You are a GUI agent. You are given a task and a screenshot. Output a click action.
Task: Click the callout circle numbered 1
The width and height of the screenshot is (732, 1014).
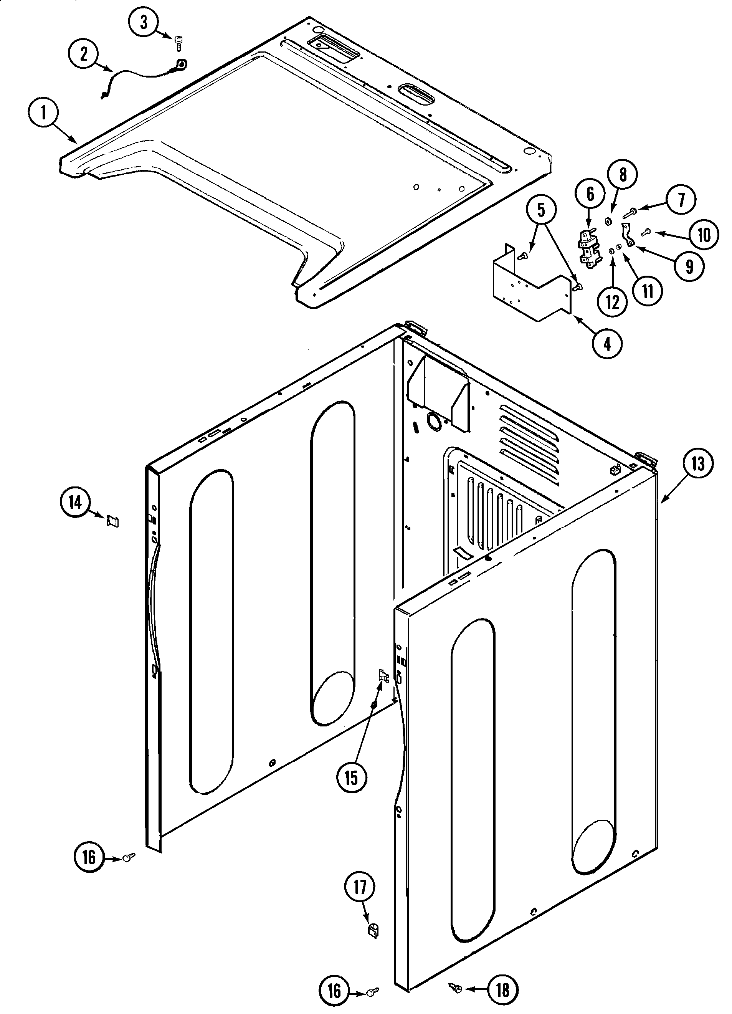click(x=43, y=114)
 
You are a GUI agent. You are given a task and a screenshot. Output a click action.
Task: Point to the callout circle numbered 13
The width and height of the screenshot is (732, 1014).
click(x=697, y=464)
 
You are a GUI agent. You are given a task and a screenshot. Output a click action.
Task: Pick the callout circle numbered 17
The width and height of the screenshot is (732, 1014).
click(x=360, y=887)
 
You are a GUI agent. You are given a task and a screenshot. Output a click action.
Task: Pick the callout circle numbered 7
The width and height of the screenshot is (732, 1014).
click(x=681, y=200)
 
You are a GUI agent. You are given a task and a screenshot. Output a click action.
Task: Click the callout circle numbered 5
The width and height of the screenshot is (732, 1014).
click(x=541, y=210)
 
